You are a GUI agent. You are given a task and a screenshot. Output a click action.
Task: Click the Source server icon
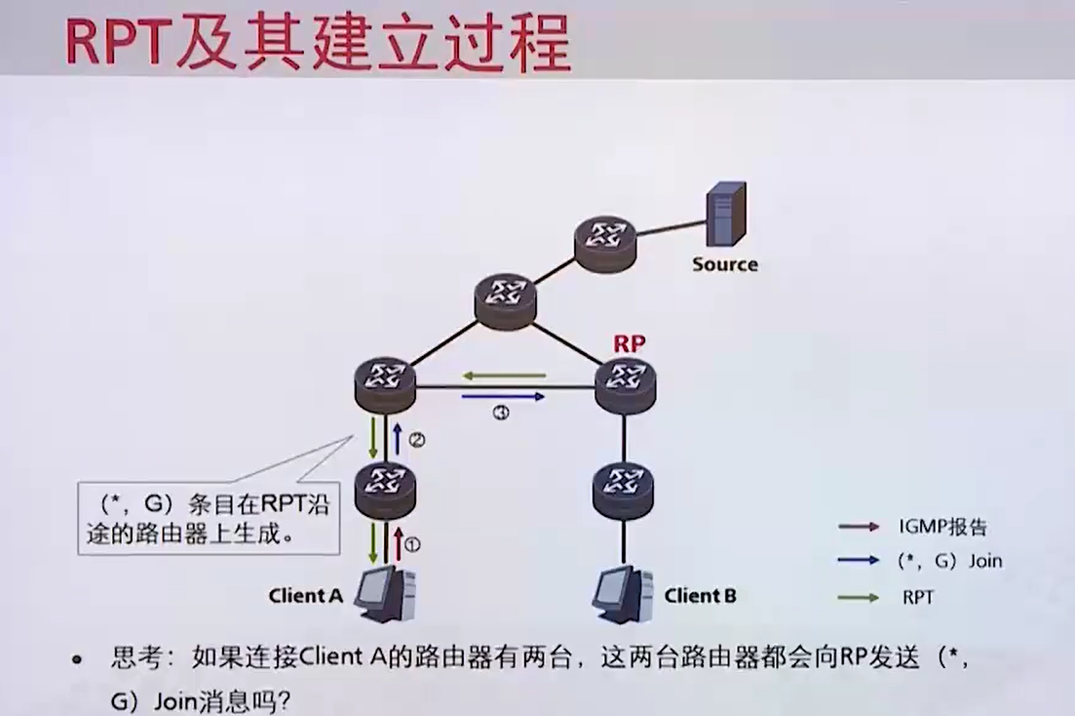(726, 214)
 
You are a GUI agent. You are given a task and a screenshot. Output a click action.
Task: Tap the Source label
(724, 264)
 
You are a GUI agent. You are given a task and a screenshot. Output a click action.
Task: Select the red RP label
(629, 344)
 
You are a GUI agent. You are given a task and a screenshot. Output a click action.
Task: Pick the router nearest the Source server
(603, 241)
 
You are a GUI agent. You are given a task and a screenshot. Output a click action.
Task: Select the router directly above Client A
(386, 485)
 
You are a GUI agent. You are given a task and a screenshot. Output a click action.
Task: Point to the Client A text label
(306, 595)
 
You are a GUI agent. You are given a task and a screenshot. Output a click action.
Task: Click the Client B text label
(700, 595)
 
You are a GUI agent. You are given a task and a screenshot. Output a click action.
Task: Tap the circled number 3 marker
(501, 414)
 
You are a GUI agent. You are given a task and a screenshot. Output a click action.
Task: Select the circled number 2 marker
(416, 440)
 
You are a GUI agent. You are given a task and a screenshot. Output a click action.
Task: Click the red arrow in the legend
(859, 527)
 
